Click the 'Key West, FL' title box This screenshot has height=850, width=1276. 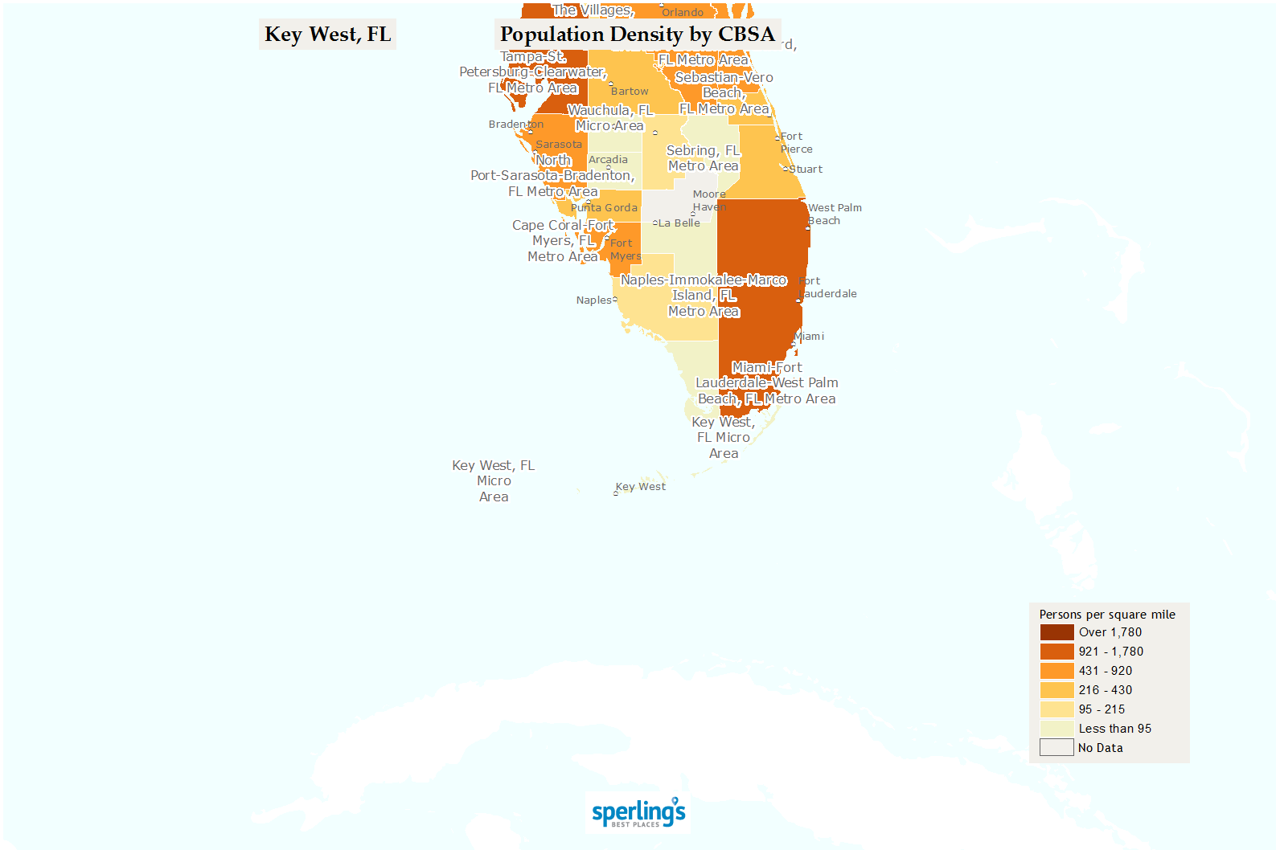tap(327, 35)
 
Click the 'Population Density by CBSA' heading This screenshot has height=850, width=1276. tap(637, 35)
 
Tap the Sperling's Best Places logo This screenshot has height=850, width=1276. tap(638, 812)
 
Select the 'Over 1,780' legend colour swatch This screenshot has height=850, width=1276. tap(1056, 632)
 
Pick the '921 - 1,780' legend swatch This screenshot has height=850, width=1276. tap(1056, 652)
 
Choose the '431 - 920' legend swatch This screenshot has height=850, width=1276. tap(1056, 671)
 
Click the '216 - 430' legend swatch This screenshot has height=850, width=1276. tap(1056, 690)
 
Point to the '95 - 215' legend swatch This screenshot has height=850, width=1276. tap(1056, 709)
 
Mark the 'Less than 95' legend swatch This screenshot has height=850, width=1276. tap(1056, 729)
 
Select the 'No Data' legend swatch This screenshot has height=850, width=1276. tap(1056, 748)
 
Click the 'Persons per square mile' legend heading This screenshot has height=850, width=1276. tap(1107, 615)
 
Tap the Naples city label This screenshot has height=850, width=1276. tap(593, 300)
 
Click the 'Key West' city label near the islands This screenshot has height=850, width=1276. tap(641, 487)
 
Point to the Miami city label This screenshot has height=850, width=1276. tap(810, 337)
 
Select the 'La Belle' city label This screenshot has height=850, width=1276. tap(679, 223)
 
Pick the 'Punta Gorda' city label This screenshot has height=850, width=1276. tap(604, 208)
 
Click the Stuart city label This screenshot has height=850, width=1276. tap(805, 170)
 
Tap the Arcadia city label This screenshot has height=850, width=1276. tap(608, 160)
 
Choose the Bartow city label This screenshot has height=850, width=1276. tap(630, 92)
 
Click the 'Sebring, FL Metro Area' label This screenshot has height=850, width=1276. tap(703, 158)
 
